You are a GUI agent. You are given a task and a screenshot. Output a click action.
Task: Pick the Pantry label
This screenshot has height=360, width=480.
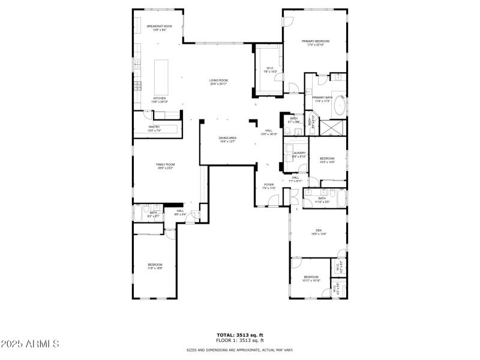[154, 128]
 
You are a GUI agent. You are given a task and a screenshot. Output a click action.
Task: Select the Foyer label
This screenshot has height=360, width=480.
[268, 186]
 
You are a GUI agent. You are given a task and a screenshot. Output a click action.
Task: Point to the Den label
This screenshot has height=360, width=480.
[319, 232]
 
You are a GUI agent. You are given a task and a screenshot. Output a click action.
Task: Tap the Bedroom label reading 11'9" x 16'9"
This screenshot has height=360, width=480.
[155, 266]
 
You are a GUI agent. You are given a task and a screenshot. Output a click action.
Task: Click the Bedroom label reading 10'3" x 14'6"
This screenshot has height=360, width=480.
[326, 160]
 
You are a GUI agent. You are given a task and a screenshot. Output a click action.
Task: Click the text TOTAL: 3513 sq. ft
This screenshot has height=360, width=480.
[240, 335]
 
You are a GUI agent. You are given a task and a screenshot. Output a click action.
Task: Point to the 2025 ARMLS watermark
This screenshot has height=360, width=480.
[30, 344]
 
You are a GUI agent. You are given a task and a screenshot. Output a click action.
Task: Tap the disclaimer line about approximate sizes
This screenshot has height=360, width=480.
[240, 350]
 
